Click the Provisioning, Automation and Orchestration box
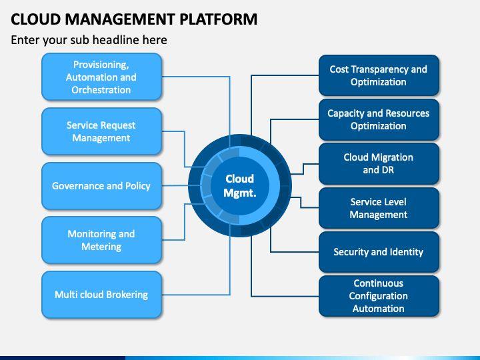point(101,77)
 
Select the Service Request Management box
point(101,131)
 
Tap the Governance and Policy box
point(101,186)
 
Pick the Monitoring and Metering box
point(101,240)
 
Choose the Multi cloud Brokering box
point(101,294)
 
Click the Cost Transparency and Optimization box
point(379,75)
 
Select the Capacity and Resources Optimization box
point(379,119)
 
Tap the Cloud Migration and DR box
point(379,163)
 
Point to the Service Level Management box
point(379,208)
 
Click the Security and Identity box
point(379,252)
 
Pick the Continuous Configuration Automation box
point(379,295)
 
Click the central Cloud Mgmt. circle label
point(240,185)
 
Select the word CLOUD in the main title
point(34,19)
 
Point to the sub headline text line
point(89,40)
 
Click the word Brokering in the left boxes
point(125,294)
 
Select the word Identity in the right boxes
point(406,252)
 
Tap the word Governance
point(78,186)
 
